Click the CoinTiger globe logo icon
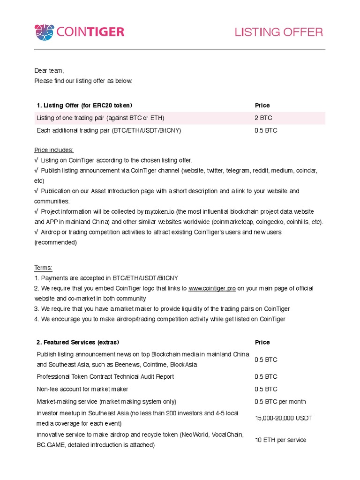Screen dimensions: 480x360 pos(45,32)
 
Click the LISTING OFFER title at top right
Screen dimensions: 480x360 pos(278,32)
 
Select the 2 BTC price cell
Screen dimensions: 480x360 pos(263,118)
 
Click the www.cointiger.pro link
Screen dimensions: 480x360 pos(212,288)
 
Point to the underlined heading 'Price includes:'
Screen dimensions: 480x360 pos(54,150)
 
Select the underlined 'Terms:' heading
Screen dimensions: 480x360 pos(43,268)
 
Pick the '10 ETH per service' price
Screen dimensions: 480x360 pos(280,440)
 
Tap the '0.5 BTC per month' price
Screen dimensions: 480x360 pos(280,402)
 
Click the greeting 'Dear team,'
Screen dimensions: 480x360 pos(49,71)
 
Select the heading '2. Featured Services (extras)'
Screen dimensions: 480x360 pos(78,343)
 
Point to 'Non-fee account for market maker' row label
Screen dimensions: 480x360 pos(82,389)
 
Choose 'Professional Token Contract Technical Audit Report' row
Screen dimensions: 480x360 pos(105,377)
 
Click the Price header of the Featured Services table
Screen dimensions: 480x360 pos(262,343)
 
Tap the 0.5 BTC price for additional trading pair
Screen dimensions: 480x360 pos(266,131)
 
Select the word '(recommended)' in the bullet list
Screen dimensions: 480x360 pos(55,243)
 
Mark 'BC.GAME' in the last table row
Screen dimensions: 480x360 pos(51,445)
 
